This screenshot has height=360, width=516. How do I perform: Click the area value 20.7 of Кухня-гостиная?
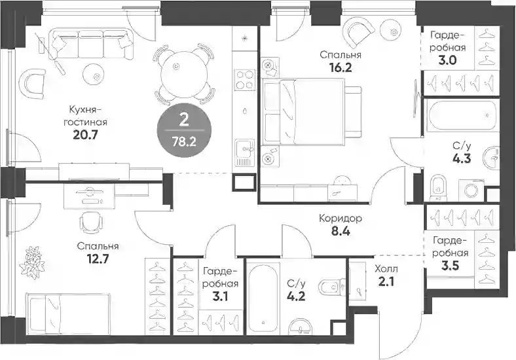(x=86, y=135)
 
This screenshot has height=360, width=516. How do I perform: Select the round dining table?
(x=184, y=75)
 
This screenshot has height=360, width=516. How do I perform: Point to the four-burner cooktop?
(x=245, y=80)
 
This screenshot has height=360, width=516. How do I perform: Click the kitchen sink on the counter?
(x=245, y=153)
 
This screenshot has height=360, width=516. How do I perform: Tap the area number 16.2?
(x=341, y=68)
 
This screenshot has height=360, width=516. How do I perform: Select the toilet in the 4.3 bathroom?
(x=439, y=188)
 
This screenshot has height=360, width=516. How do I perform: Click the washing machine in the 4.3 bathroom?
(x=471, y=191)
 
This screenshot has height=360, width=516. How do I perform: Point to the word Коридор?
(x=341, y=218)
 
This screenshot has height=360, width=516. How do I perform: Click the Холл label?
(x=386, y=269)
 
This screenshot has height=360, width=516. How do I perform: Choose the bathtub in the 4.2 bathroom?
(x=263, y=297)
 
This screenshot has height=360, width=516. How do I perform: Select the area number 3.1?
(x=220, y=297)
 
